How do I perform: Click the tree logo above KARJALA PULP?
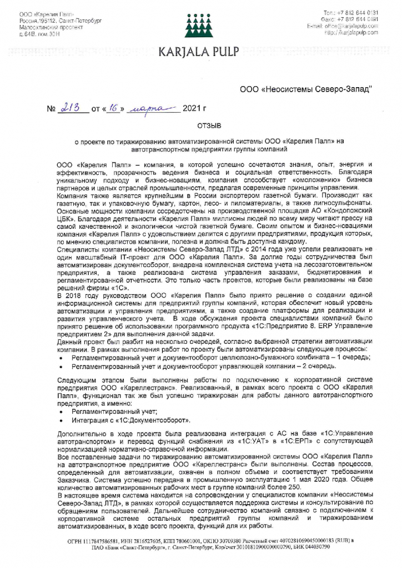(x=200, y=24)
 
